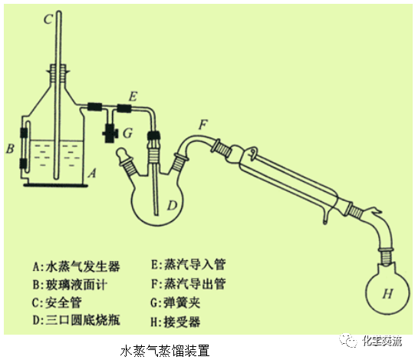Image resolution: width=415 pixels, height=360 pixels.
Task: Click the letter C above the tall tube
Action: [48, 17]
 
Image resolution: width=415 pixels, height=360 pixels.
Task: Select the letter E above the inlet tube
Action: [132, 96]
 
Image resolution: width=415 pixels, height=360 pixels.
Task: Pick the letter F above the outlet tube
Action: [203, 123]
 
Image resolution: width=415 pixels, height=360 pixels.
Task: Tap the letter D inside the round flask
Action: [173, 205]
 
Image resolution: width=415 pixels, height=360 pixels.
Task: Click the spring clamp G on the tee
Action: [110, 132]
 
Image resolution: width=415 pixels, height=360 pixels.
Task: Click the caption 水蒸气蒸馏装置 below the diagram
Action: [165, 350]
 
